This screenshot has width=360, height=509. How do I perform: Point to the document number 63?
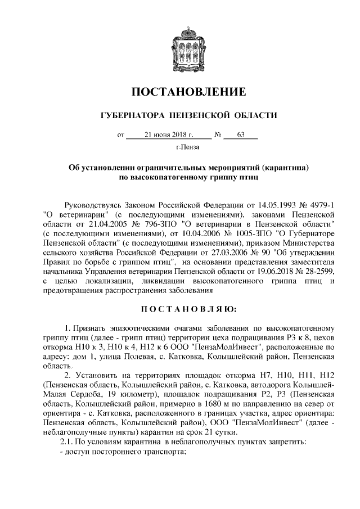(240, 135)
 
